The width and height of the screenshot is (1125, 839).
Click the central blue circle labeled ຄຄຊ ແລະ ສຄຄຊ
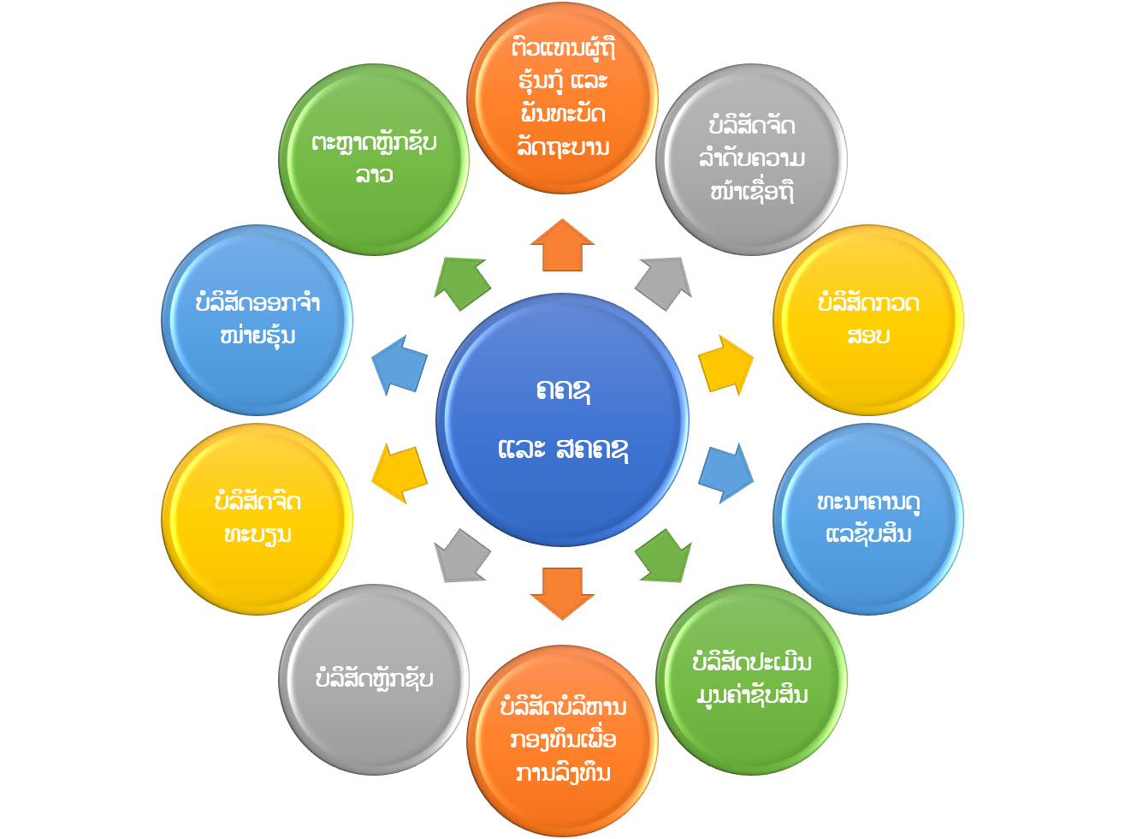pyautogui.click(x=562, y=419)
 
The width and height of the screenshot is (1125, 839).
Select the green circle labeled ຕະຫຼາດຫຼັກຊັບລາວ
pyautogui.click(x=374, y=159)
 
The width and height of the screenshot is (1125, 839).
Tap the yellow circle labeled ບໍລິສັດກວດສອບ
pyautogui.click(x=867, y=319)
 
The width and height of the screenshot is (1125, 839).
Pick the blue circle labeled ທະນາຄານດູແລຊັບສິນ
pyautogui.click(x=867, y=518)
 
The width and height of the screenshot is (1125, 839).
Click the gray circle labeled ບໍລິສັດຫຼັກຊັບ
pyautogui.click(x=374, y=679)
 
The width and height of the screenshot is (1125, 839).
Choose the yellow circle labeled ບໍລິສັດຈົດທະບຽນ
pyautogui.click(x=257, y=518)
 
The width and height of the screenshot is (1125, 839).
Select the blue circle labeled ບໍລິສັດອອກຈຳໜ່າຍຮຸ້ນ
pyautogui.click(x=257, y=319)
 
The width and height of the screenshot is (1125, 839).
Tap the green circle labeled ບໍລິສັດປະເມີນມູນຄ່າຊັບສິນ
pyautogui.click(x=751, y=679)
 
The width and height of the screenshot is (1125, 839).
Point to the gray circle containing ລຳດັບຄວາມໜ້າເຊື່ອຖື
pyautogui.click(x=751, y=159)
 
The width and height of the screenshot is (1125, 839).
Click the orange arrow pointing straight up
pyautogui.click(x=562, y=246)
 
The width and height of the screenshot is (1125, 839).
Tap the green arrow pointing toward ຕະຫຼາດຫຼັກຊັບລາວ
pyautogui.click(x=461, y=280)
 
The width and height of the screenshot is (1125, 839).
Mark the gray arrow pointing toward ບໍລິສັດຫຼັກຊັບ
pyautogui.click(x=461, y=556)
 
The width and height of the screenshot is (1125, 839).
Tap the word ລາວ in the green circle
pyautogui.click(x=374, y=175)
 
